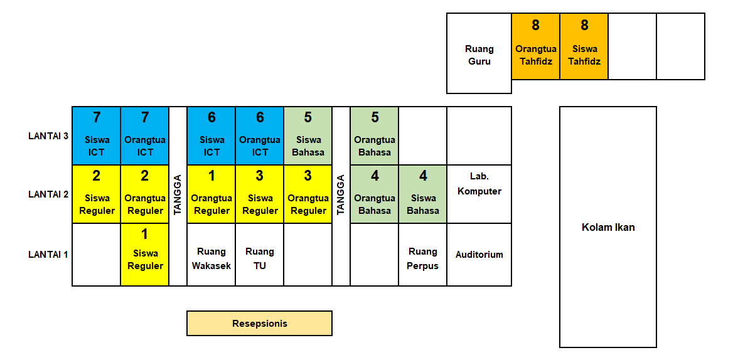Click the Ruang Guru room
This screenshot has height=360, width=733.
tap(479, 55)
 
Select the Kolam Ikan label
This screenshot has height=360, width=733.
tap(607, 227)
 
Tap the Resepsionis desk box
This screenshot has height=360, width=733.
tap(259, 324)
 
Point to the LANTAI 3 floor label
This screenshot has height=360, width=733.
tap(48, 135)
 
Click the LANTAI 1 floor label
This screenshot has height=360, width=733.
tap(48, 254)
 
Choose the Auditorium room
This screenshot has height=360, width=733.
tap(479, 255)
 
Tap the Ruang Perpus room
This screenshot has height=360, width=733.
tap(422, 258)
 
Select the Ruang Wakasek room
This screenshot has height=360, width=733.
tap(211, 258)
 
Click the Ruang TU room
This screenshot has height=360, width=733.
tap(259, 258)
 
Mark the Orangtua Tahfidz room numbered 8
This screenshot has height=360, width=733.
tap(535, 47)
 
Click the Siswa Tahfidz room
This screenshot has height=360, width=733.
tap(584, 47)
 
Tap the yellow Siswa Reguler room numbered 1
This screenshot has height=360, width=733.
tap(144, 254)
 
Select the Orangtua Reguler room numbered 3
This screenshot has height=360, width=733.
tap(308, 194)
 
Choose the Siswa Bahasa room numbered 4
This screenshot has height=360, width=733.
tap(422, 194)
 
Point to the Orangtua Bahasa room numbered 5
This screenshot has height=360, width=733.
tap(374, 135)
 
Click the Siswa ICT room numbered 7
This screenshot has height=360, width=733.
tap(96, 135)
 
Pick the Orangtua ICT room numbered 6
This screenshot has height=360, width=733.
tap(259, 135)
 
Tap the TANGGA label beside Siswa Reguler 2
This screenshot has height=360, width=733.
tap(178, 194)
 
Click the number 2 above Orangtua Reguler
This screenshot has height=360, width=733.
tap(144, 176)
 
